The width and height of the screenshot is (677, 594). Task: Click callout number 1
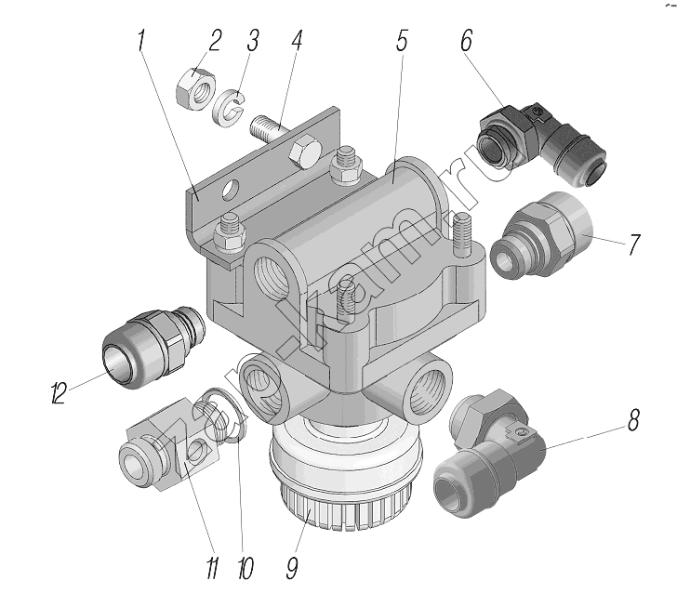pyautogui.click(x=142, y=41)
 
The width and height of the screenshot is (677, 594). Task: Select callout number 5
pyautogui.click(x=252, y=41)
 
